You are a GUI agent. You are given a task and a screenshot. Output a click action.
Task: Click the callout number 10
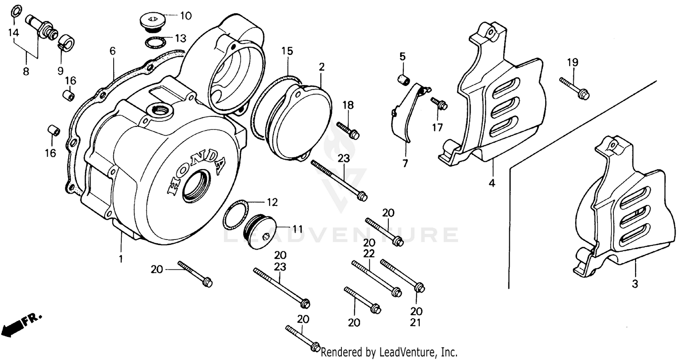(x=186, y=16)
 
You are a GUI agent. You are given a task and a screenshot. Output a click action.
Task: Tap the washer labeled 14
(x=15, y=10)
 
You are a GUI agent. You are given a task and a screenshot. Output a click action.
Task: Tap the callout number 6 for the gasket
(x=112, y=51)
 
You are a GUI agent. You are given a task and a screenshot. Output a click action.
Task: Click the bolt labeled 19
(x=575, y=88)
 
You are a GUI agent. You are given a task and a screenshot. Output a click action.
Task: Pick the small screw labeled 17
(x=439, y=103)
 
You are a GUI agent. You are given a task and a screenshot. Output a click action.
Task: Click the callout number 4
(x=492, y=183)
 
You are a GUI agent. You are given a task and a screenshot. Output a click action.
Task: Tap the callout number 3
(x=635, y=284)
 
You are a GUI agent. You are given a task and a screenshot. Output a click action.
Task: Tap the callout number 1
(x=121, y=259)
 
